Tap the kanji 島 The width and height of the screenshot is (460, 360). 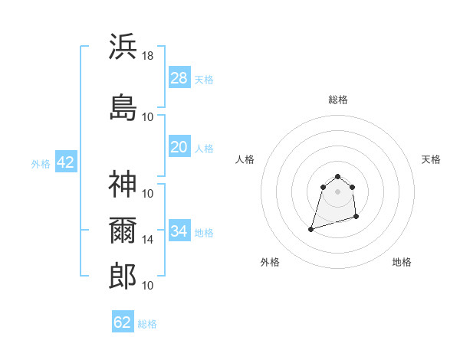pos(123,107)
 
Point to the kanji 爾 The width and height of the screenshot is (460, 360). pos(123,231)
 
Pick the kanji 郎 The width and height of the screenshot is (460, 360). pos(123,276)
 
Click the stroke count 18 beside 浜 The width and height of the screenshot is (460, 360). pos(148,55)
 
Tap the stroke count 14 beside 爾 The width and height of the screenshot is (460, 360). pos(148,240)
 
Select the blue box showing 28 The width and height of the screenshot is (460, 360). pos(179,78)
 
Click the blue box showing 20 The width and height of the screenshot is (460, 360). pos(179,147)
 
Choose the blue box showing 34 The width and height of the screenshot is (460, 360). pos(179,231)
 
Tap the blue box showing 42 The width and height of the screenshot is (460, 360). pos(65,162)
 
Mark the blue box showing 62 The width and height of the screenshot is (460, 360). pos(123,322)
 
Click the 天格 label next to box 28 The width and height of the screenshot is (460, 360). pos(204,79)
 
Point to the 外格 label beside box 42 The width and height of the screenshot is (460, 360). pos(41,163)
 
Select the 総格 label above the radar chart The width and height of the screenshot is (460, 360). pos(337,100)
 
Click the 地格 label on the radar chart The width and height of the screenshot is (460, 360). pos(402,262)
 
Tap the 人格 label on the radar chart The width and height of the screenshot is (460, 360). pos(245,159)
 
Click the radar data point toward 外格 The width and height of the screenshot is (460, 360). pos(310,228)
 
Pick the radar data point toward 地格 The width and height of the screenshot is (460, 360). pos(358,218)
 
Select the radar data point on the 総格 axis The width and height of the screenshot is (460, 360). pos(337,177)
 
